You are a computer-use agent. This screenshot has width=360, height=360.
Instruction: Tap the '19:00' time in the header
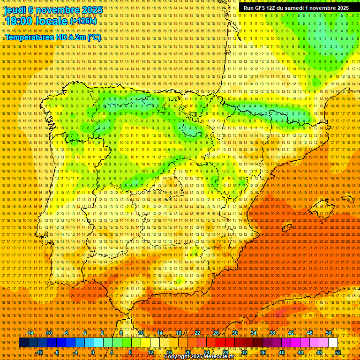pos(19,22)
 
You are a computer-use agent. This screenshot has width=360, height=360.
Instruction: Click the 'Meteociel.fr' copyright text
pos(216,357)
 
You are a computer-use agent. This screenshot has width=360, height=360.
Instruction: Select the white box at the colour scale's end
pos(333,343)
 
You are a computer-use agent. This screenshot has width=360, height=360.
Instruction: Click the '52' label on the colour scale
pos(338,352)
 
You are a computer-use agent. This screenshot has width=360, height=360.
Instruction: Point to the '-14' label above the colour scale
pos(30,333)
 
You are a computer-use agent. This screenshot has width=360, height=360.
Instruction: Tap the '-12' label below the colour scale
pos(39,352)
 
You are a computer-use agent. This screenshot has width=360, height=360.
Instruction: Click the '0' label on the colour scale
pos(93,352)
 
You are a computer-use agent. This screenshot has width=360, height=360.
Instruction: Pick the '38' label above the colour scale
pos(272,333)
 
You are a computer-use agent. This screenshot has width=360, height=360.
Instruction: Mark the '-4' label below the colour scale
pos(75,352)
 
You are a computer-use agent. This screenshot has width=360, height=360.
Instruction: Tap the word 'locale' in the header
pos(50,22)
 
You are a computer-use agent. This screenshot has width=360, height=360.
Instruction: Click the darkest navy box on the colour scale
pos(23,343)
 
